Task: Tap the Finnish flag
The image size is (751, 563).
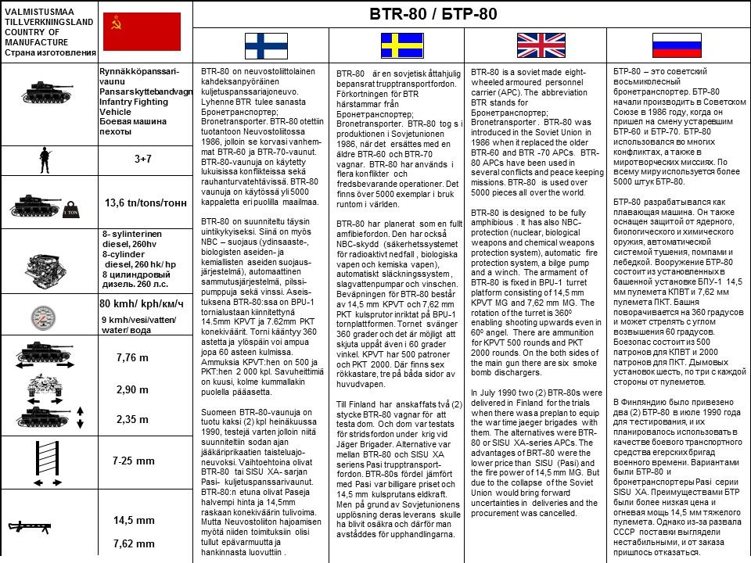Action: click(x=266, y=46)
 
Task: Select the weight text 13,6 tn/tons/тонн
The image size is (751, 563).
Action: click(x=146, y=203)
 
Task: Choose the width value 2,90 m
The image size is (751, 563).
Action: click(x=131, y=389)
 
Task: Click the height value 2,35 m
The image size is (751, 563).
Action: click(x=131, y=419)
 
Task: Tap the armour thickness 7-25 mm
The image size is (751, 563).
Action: click(x=134, y=461)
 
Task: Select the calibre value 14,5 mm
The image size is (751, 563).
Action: click(x=134, y=520)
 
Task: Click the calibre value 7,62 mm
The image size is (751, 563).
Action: click(x=134, y=543)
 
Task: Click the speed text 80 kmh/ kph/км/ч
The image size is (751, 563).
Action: click(x=142, y=303)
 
